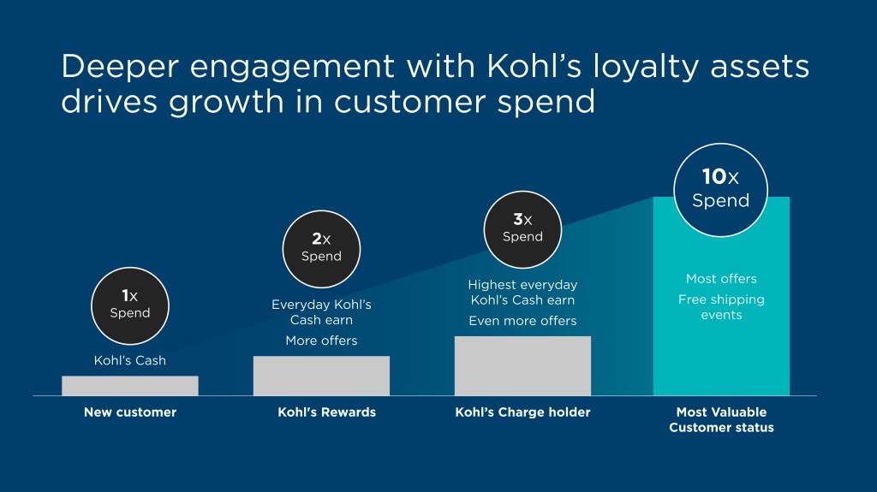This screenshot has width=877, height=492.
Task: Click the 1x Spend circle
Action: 130,305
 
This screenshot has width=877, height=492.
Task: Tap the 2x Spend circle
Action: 321,248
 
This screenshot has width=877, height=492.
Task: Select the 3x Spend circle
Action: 522,228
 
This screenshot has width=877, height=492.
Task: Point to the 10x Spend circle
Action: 720,189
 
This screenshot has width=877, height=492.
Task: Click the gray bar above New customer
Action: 130,386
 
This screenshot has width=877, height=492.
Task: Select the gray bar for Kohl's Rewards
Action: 321,376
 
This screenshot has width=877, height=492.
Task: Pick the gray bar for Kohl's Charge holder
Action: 522,366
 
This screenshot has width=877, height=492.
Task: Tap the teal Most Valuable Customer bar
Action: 721,359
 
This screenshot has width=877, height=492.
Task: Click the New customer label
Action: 130,412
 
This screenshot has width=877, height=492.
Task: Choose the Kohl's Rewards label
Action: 326,412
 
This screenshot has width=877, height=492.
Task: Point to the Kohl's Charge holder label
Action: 522,412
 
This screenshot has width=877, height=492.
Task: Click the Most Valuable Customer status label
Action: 721,420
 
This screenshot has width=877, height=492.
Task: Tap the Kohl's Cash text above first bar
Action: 130,360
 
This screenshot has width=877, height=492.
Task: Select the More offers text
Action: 321,341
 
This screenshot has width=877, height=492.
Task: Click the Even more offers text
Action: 522,321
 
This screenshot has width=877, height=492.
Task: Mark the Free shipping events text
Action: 721,307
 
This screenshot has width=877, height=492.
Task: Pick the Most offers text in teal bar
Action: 721,279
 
